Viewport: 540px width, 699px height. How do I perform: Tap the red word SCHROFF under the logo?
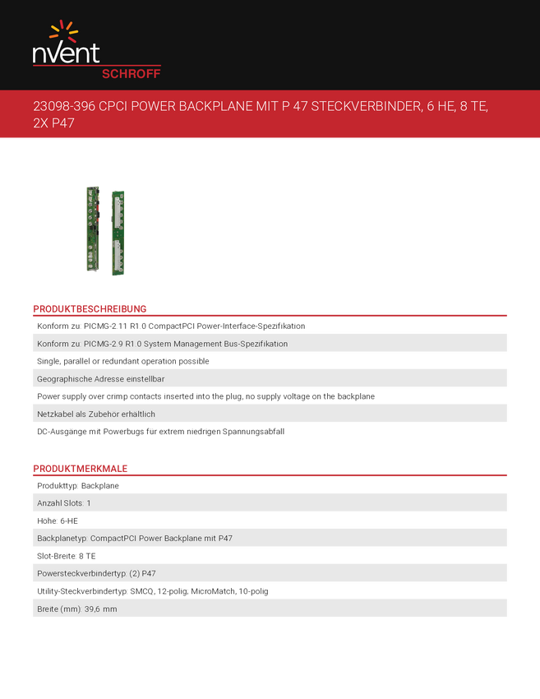(x=131, y=73)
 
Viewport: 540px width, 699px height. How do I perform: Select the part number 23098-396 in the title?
(x=63, y=108)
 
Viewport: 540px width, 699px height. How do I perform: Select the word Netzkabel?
(x=56, y=414)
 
